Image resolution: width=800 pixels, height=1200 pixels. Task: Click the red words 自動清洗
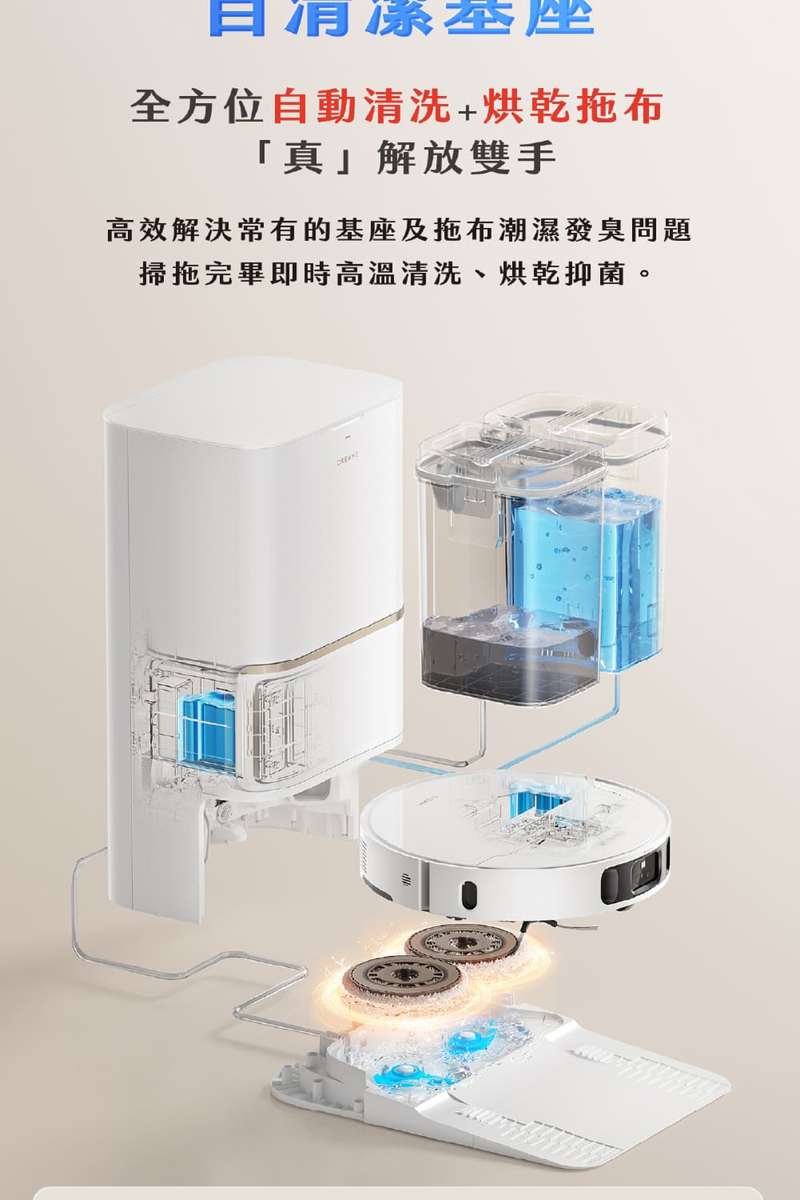[x=362, y=107]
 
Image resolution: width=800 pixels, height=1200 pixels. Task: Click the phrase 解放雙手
[x=466, y=156]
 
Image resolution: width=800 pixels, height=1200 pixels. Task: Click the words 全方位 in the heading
[x=198, y=107]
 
